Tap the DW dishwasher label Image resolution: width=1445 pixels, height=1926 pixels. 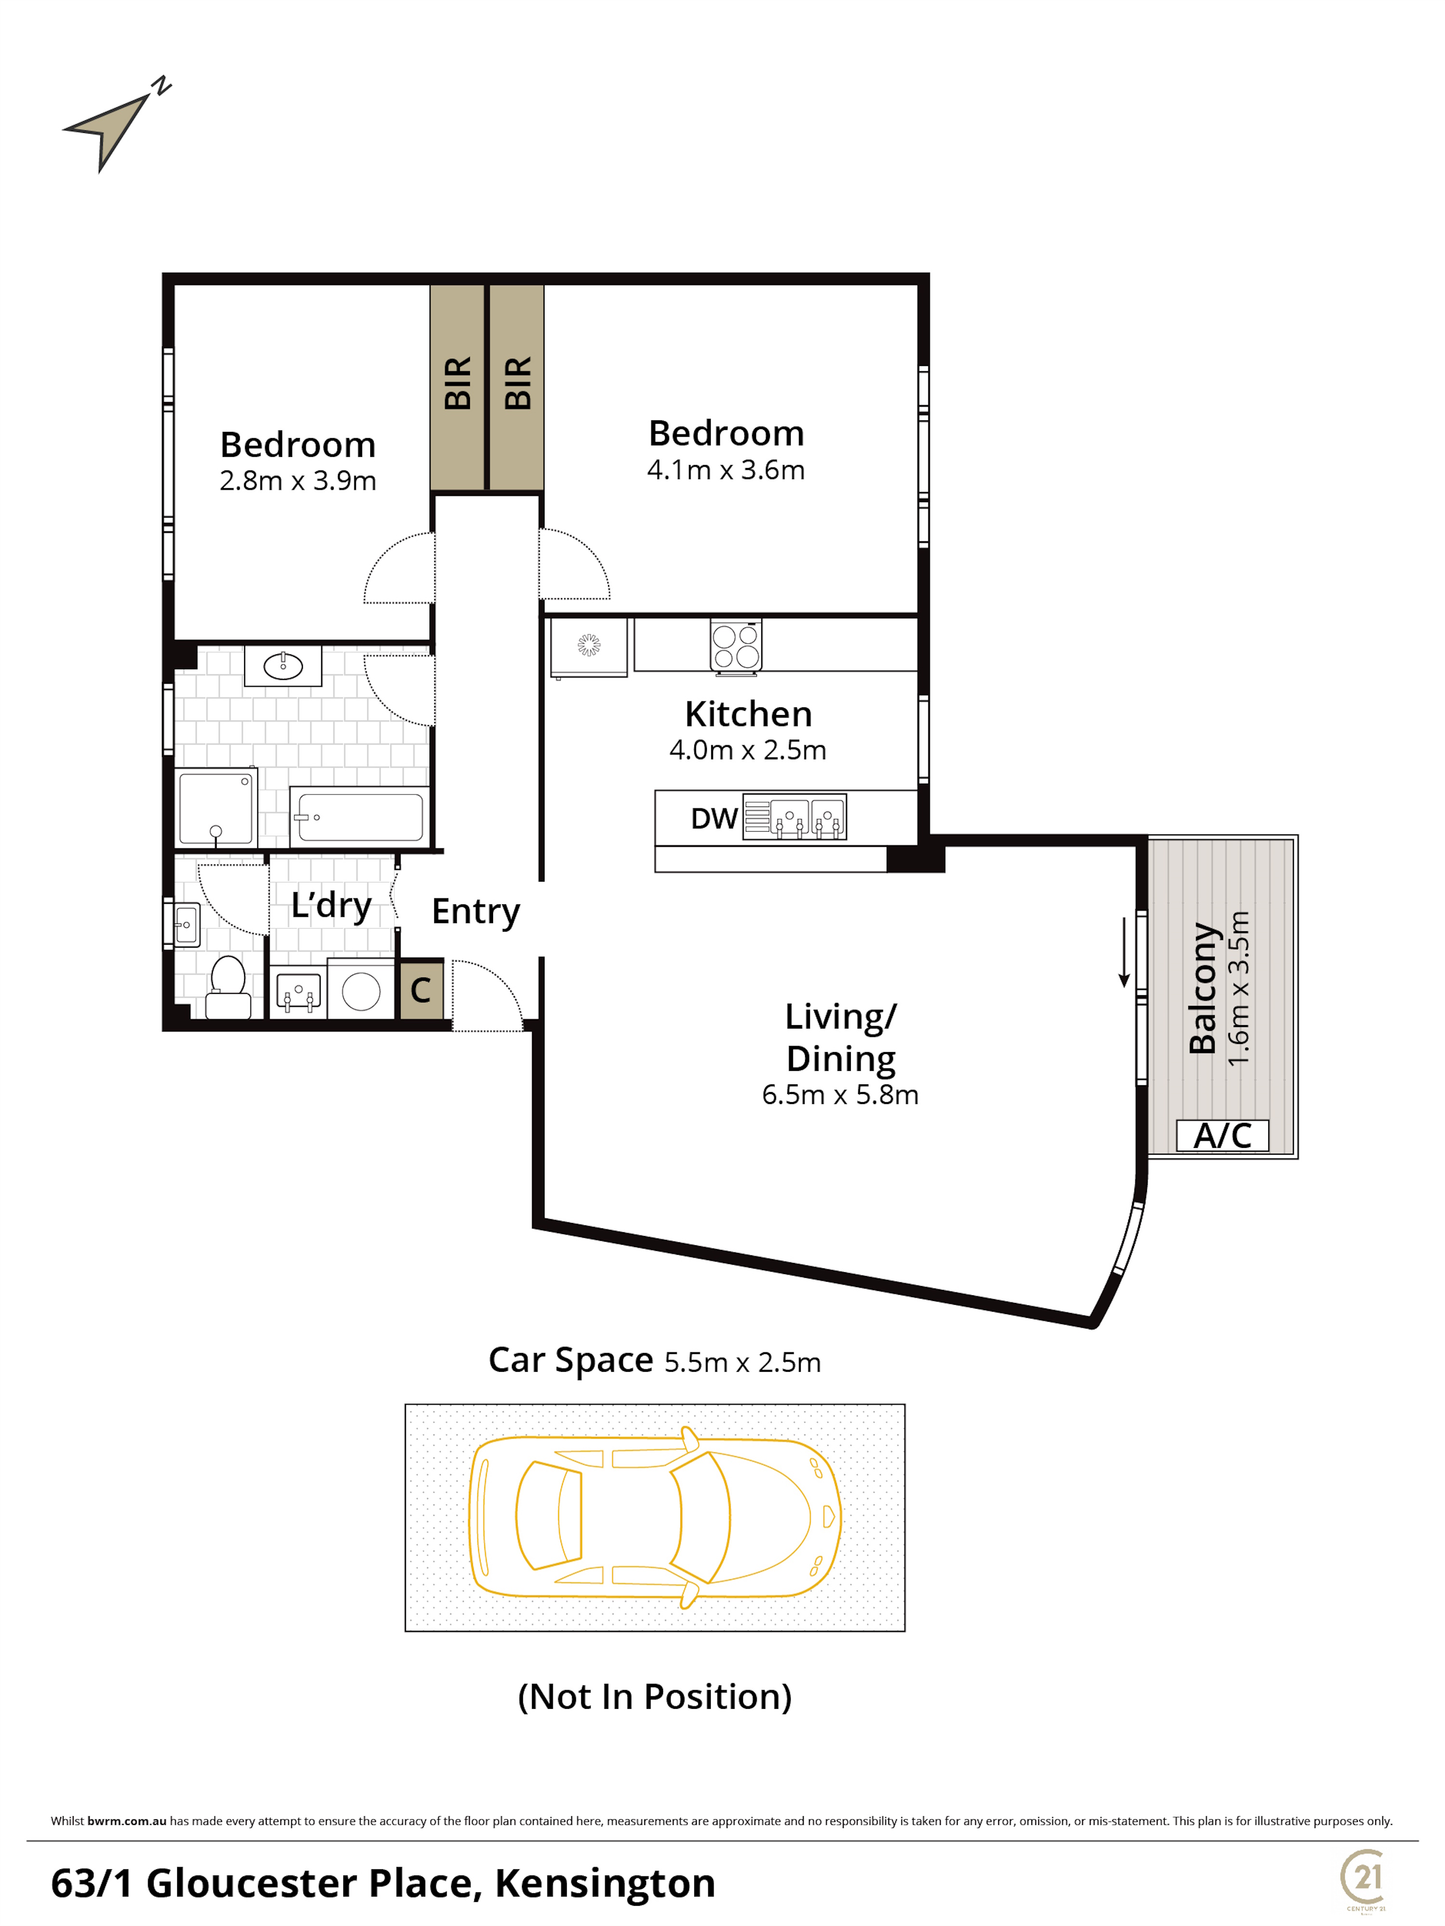point(714,819)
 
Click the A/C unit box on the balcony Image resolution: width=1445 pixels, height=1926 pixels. point(1222,1135)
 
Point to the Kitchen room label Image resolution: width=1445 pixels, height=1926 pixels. point(749,714)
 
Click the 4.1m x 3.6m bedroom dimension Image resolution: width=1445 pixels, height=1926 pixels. point(726,470)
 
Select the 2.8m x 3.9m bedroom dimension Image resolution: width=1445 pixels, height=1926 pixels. point(298,481)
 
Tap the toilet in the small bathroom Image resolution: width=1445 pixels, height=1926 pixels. point(228,988)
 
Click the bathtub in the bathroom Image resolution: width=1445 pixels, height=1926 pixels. point(360,816)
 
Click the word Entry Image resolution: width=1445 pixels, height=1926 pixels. point(476,911)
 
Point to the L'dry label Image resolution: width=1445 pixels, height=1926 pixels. point(332,906)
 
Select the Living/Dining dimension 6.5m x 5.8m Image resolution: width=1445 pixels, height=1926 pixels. point(840,1094)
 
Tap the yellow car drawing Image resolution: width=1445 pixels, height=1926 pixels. point(654,1517)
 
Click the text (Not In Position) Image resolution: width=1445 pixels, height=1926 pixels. point(654,1697)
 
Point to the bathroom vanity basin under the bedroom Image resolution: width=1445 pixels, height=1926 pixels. point(283,666)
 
